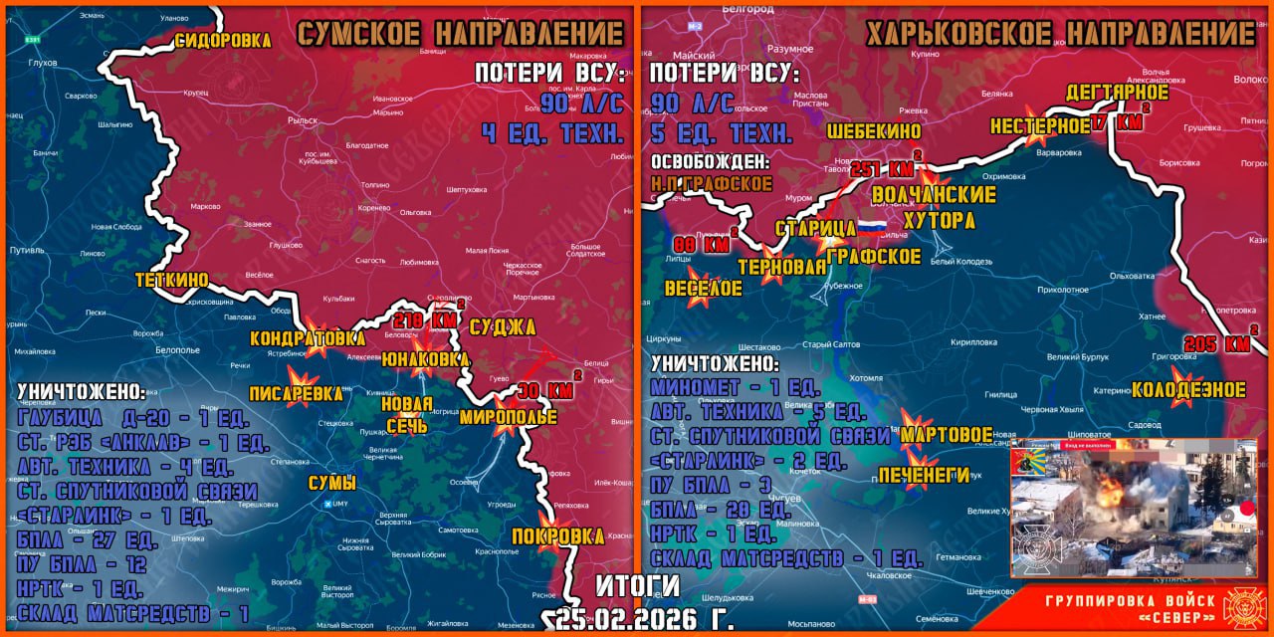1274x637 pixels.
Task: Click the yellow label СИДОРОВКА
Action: (223, 41)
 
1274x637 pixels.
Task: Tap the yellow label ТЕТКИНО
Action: (173, 281)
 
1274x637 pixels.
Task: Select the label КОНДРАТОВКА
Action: (308, 338)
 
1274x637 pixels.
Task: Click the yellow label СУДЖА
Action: (502, 327)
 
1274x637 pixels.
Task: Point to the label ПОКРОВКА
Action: (557, 536)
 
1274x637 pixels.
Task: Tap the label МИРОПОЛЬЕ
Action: (508, 417)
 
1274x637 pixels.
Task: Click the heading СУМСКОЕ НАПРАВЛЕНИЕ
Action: (460, 33)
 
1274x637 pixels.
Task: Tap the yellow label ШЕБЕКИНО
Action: (873, 131)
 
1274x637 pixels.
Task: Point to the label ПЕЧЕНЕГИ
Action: (924, 475)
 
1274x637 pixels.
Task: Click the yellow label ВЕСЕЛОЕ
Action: (704, 289)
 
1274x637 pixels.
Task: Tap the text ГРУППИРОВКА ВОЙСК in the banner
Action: (1130, 600)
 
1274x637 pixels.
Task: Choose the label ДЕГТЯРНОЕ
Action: (1117, 93)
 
